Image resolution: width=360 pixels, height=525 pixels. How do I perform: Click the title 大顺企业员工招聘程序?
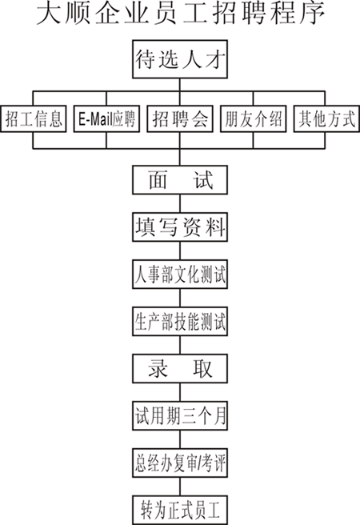[180, 14]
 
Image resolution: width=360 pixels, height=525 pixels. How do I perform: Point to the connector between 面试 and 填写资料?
[180, 203]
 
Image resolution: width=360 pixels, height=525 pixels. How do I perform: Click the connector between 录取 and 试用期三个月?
[180, 392]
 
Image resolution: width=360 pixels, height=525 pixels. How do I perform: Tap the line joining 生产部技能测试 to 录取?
[180, 345]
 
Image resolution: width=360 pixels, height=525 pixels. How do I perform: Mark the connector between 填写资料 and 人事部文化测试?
[180, 250]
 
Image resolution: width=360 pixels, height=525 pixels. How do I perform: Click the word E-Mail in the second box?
[95, 119]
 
